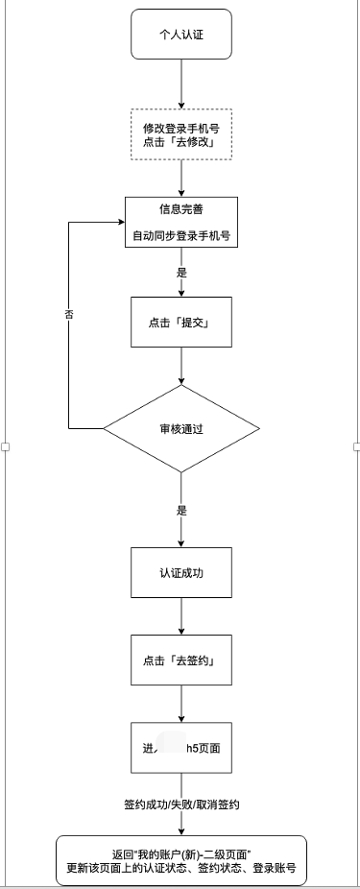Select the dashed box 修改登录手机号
[x=180, y=135]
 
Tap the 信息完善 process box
[x=181, y=223]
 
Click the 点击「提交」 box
[x=181, y=322]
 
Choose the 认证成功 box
[x=181, y=572]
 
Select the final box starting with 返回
[x=181, y=859]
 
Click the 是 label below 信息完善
[x=181, y=273]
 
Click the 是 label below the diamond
[x=181, y=510]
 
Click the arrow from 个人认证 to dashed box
[x=180, y=84]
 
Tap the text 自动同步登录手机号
[x=181, y=234]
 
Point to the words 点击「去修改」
[x=180, y=143]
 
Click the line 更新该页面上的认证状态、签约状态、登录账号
[x=181, y=868]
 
